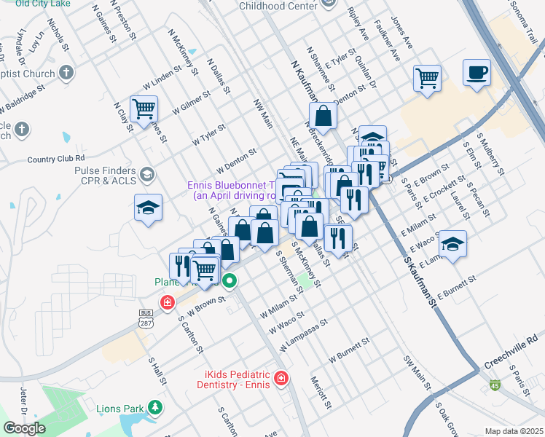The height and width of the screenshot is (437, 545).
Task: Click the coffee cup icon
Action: pyautogui.click(x=476, y=74)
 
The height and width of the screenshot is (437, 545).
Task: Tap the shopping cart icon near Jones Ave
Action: pyautogui.click(x=426, y=77)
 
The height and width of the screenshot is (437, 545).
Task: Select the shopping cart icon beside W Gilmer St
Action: pyautogui.click(x=144, y=109)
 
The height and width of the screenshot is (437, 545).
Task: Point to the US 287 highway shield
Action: pyautogui.click(x=146, y=315)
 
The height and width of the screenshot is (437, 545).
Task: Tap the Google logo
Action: pyautogui.click(x=24, y=428)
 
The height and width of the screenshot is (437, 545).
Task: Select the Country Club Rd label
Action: pyautogui.click(x=56, y=158)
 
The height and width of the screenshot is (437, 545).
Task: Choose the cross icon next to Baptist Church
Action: pyautogui.click(x=66, y=73)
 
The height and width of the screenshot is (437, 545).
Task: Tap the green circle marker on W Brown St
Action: pyautogui.click(x=230, y=280)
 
